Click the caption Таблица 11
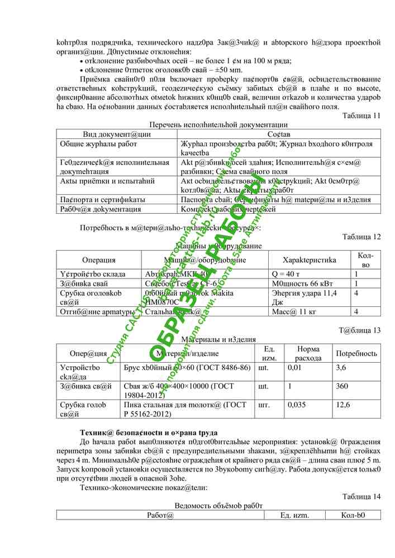tap(361, 116)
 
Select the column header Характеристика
tap(310, 260)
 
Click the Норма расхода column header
tap(308, 353)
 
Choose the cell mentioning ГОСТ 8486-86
tap(187, 368)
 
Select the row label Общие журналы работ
tap(98, 144)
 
